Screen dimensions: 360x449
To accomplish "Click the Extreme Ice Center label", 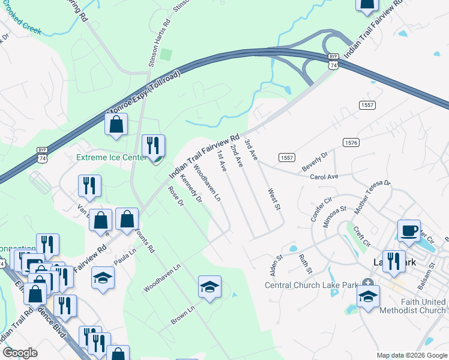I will (111, 158).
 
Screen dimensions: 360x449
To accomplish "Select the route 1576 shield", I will (351, 142).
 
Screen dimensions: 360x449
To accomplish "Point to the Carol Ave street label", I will (324, 177).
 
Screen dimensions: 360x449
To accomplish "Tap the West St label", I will (274, 197).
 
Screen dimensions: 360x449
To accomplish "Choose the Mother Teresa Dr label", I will (372, 197).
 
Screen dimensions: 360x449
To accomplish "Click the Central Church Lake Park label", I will (311, 285).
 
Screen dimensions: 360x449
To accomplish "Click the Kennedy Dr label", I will (190, 188).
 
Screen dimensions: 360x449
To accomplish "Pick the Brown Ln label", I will (183, 316).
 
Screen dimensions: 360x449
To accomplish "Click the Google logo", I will (20, 352).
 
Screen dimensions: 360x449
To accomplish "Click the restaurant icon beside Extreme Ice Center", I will (153, 146).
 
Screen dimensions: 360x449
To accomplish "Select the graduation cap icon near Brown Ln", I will (209, 288).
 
